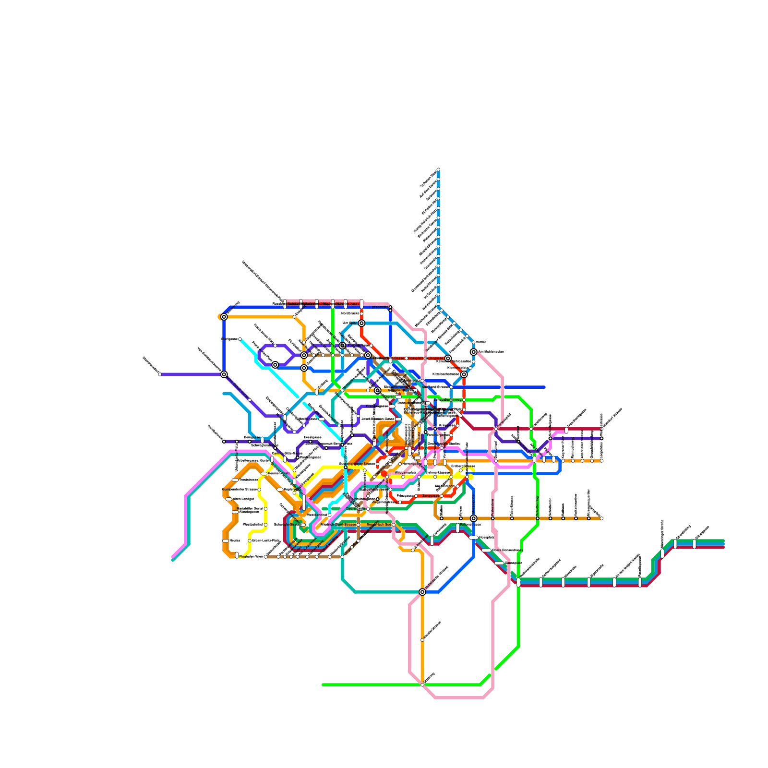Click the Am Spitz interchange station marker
(x=361, y=323)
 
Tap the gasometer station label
(x=379, y=307)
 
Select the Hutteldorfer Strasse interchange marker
(x=422, y=592)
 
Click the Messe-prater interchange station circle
(x=474, y=518)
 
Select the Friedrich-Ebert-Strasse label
(x=338, y=525)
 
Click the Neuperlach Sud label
(x=379, y=525)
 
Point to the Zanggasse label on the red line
(x=430, y=496)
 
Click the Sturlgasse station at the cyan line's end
(x=240, y=339)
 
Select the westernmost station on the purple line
(x=160, y=374)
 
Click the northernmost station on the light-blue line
(x=438, y=169)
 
